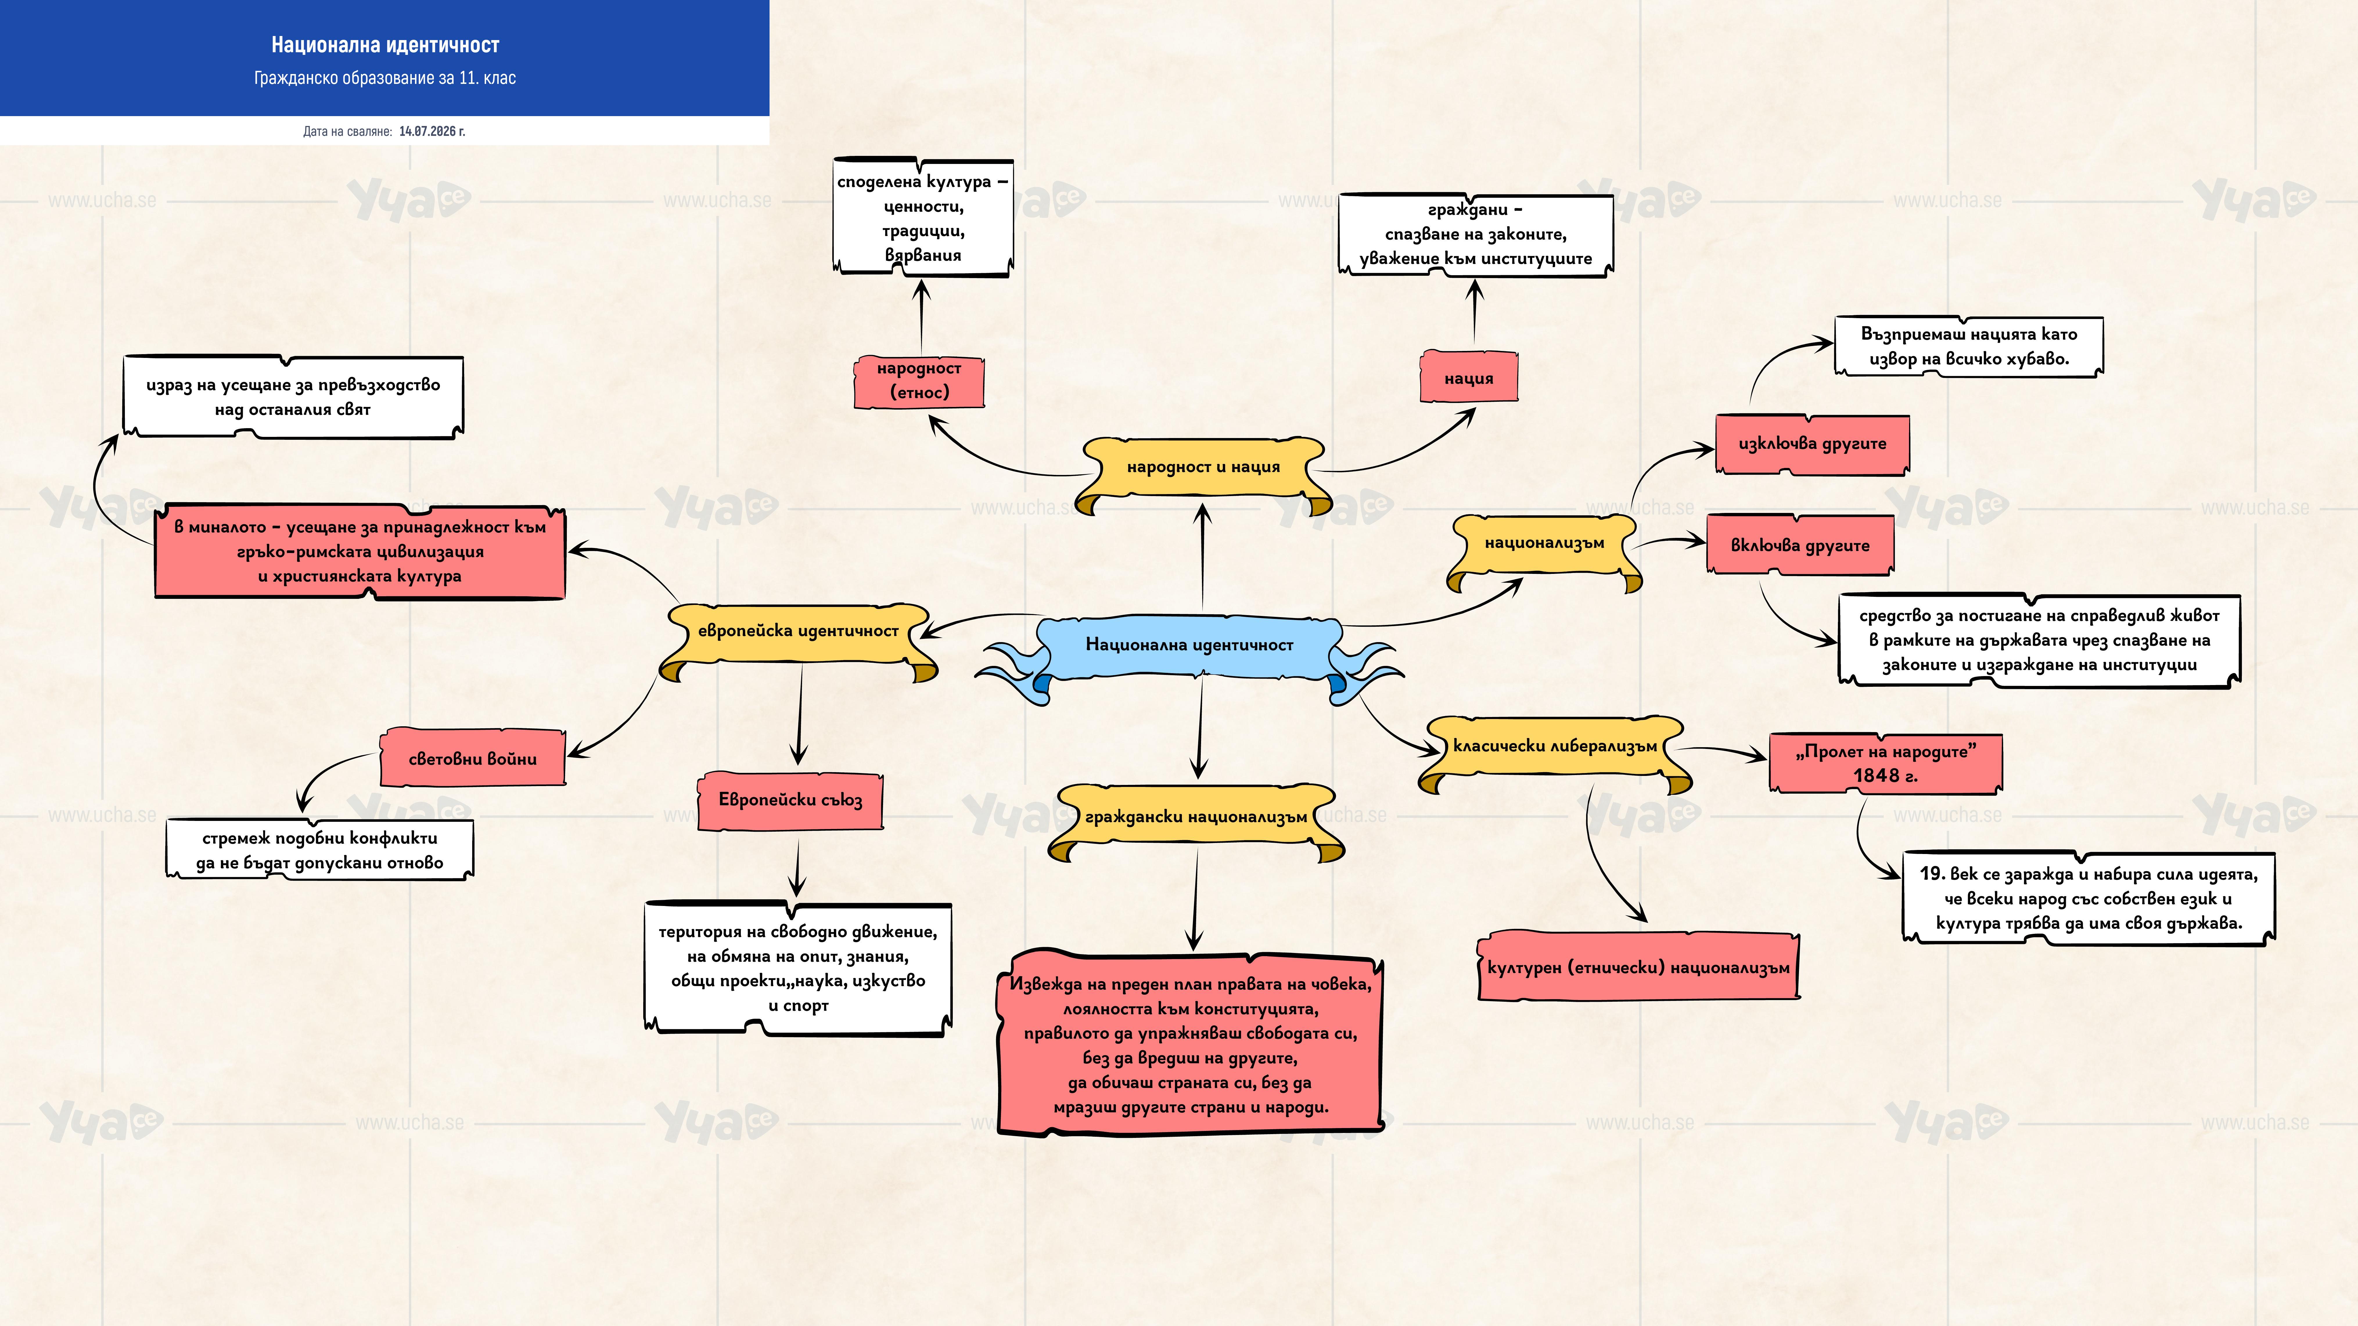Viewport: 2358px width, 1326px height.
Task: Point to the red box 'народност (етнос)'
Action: click(x=918, y=381)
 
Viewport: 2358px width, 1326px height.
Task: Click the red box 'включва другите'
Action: click(x=1800, y=545)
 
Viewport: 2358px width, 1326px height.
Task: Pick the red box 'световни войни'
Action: click(x=472, y=758)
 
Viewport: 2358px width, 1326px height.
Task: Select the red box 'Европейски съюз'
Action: click(x=790, y=801)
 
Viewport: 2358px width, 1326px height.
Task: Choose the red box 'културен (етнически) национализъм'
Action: click(x=1638, y=967)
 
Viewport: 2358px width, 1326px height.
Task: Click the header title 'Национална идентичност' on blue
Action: click(x=384, y=45)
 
